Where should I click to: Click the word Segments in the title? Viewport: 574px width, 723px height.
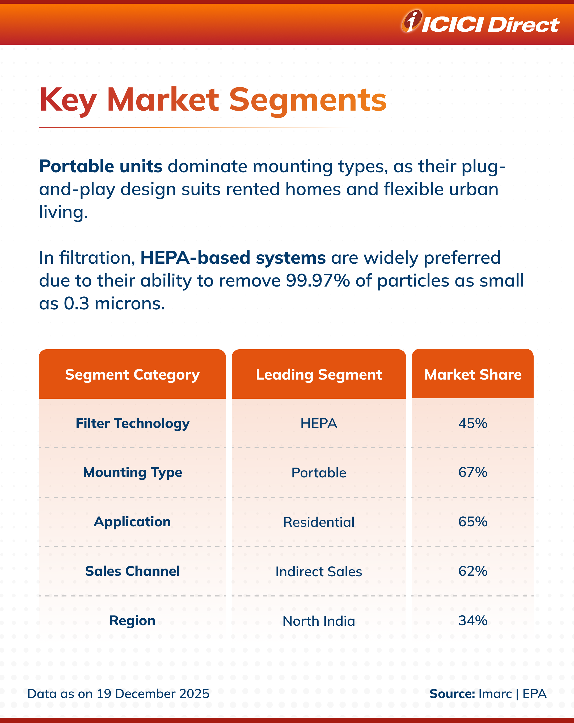[x=307, y=100]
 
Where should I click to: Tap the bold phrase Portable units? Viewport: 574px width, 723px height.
[x=101, y=166]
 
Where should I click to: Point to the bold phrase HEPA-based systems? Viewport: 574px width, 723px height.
[x=233, y=258]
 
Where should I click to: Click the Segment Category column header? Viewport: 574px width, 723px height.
[x=132, y=375]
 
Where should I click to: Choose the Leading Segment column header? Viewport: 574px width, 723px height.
[x=319, y=375]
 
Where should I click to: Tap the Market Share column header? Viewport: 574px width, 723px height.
[x=473, y=375]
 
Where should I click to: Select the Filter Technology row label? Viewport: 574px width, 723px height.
[x=132, y=423]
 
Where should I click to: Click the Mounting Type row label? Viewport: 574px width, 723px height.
[x=132, y=473]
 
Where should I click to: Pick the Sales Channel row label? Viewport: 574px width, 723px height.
[x=132, y=571]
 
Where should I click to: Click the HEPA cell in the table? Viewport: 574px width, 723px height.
[x=319, y=423]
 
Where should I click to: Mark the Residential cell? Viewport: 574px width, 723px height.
[x=319, y=522]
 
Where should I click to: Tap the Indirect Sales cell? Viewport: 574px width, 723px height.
[x=319, y=571]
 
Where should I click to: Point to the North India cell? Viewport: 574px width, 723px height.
[x=319, y=621]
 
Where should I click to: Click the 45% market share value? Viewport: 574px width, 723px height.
[x=473, y=423]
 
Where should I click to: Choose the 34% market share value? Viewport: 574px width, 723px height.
[x=473, y=621]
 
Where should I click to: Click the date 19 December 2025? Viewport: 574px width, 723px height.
[x=153, y=693]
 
